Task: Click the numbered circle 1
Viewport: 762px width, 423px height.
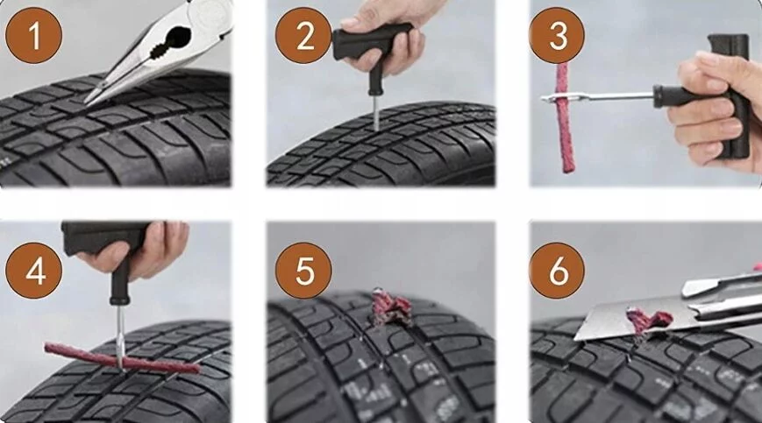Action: [x=33, y=35]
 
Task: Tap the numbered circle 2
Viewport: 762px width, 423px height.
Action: [x=304, y=35]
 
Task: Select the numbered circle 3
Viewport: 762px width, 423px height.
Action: [x=557, y=35]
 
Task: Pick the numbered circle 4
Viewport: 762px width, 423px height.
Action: [x=33, y=271]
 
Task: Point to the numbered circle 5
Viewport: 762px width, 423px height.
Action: [x=304, y=271]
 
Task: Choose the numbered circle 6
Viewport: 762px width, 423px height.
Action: [x=557, y=271]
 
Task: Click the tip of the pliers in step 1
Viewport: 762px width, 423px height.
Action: [x=87, y=102]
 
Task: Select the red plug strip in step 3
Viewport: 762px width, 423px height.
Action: [x=564, y=117]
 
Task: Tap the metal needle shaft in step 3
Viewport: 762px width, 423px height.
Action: [x=598, y=97]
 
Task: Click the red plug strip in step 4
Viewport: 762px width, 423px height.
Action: [x=122, y=358]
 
